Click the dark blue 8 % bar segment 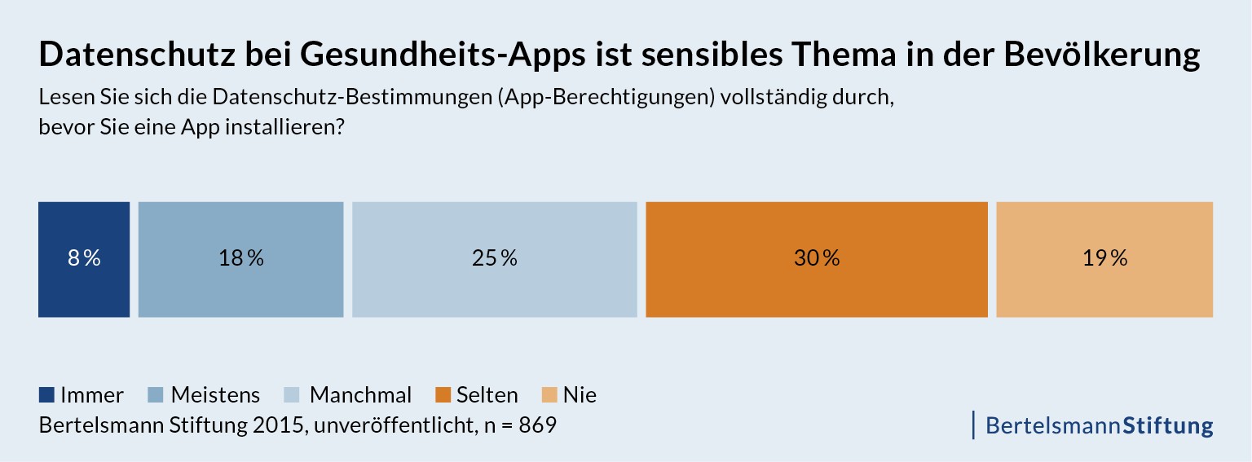point(84,259)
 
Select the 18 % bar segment point(240,259)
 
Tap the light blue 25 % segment point(494,259)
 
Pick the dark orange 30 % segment point(816,259)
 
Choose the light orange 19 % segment point(1104,259)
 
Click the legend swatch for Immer point(46,395)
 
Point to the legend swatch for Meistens point(156,395)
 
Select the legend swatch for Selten point(443,395)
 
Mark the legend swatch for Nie point(549,395)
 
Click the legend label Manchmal point(360,395)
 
